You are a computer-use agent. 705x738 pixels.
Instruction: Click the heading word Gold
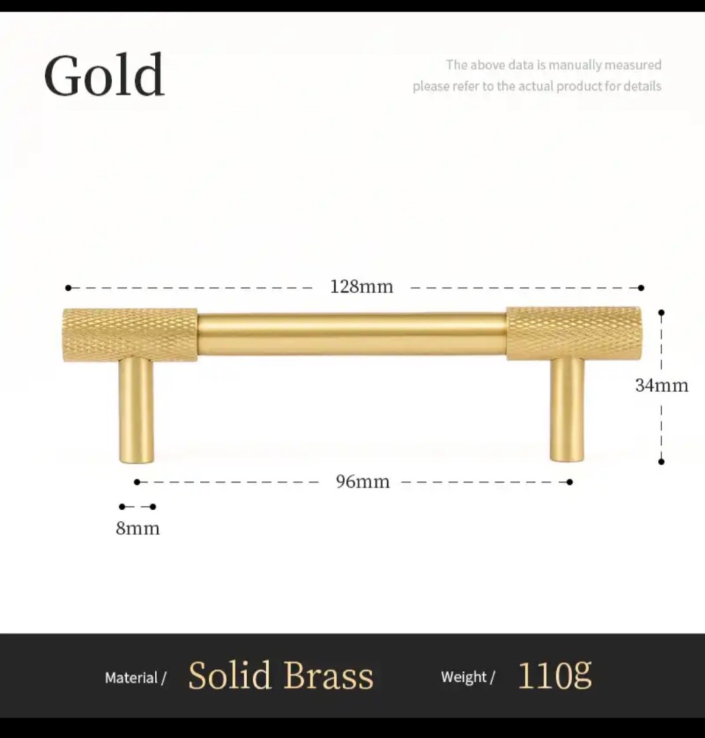click(105, 75)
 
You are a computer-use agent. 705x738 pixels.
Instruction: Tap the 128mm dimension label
click(361, 286)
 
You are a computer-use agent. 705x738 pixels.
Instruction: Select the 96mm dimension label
click(363, 481)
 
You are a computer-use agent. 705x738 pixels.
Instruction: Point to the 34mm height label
click(661, 385)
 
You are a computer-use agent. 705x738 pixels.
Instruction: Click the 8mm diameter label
click(138, 528)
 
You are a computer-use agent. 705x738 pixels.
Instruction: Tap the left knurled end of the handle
click(130, 335)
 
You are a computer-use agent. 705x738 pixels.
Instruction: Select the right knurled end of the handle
click(574, 334)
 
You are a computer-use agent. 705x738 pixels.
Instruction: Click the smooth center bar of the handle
click(352, 334)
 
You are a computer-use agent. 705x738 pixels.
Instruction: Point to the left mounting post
click(136, 410)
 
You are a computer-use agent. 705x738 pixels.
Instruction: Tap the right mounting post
click(566, 409)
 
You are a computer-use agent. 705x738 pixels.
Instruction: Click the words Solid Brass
click(281, 675)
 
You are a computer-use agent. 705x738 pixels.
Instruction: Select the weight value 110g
click(555, 675)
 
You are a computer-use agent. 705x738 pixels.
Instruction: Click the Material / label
click(136, 677)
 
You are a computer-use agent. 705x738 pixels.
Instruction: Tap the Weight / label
click(468, 677)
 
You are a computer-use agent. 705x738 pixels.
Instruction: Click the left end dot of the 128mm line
click(68, 288)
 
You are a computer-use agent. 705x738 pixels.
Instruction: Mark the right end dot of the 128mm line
click(641, 288)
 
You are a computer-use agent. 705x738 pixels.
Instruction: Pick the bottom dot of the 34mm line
click(661, 462)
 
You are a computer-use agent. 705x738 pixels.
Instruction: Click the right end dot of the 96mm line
click(569, 482)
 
